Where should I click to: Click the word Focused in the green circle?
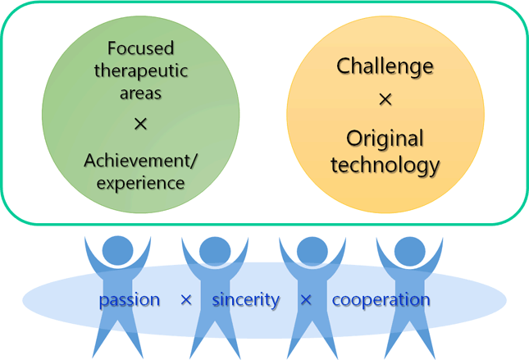point(141,48)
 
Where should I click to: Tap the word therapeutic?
point(141,71)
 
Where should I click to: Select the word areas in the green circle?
point(141,93)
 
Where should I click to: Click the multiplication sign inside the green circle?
point(141,124)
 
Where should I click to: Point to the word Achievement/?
point(140,161)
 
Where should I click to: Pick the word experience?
point(141,183)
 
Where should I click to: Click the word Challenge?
point(385,66)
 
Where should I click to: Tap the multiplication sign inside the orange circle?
point(385,99)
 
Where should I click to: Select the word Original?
point(385,139)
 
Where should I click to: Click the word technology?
point(385,166)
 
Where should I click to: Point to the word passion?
point(130,300)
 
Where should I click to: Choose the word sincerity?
point(245,299)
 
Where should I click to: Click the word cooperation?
point(381,300)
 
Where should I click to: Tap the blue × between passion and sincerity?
point(186,299)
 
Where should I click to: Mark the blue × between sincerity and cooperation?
point(306,299)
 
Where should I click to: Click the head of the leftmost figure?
point(118,252)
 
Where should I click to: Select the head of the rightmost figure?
point(410,252)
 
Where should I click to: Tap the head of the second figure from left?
point(215,252)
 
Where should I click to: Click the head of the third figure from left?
point(312,252)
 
